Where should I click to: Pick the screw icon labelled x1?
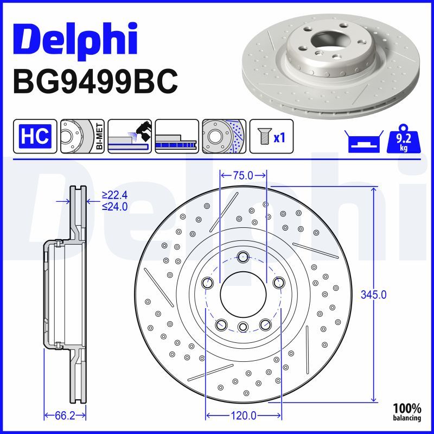pos(270,136)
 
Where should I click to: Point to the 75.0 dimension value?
pos(242,175)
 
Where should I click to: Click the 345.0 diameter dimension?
pos(374,295)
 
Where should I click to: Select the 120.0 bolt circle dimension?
pos(243,416)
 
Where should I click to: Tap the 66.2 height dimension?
pos(65,416)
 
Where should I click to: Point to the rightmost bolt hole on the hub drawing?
pos(279,283)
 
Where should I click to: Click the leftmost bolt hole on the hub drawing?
pos(207,283)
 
